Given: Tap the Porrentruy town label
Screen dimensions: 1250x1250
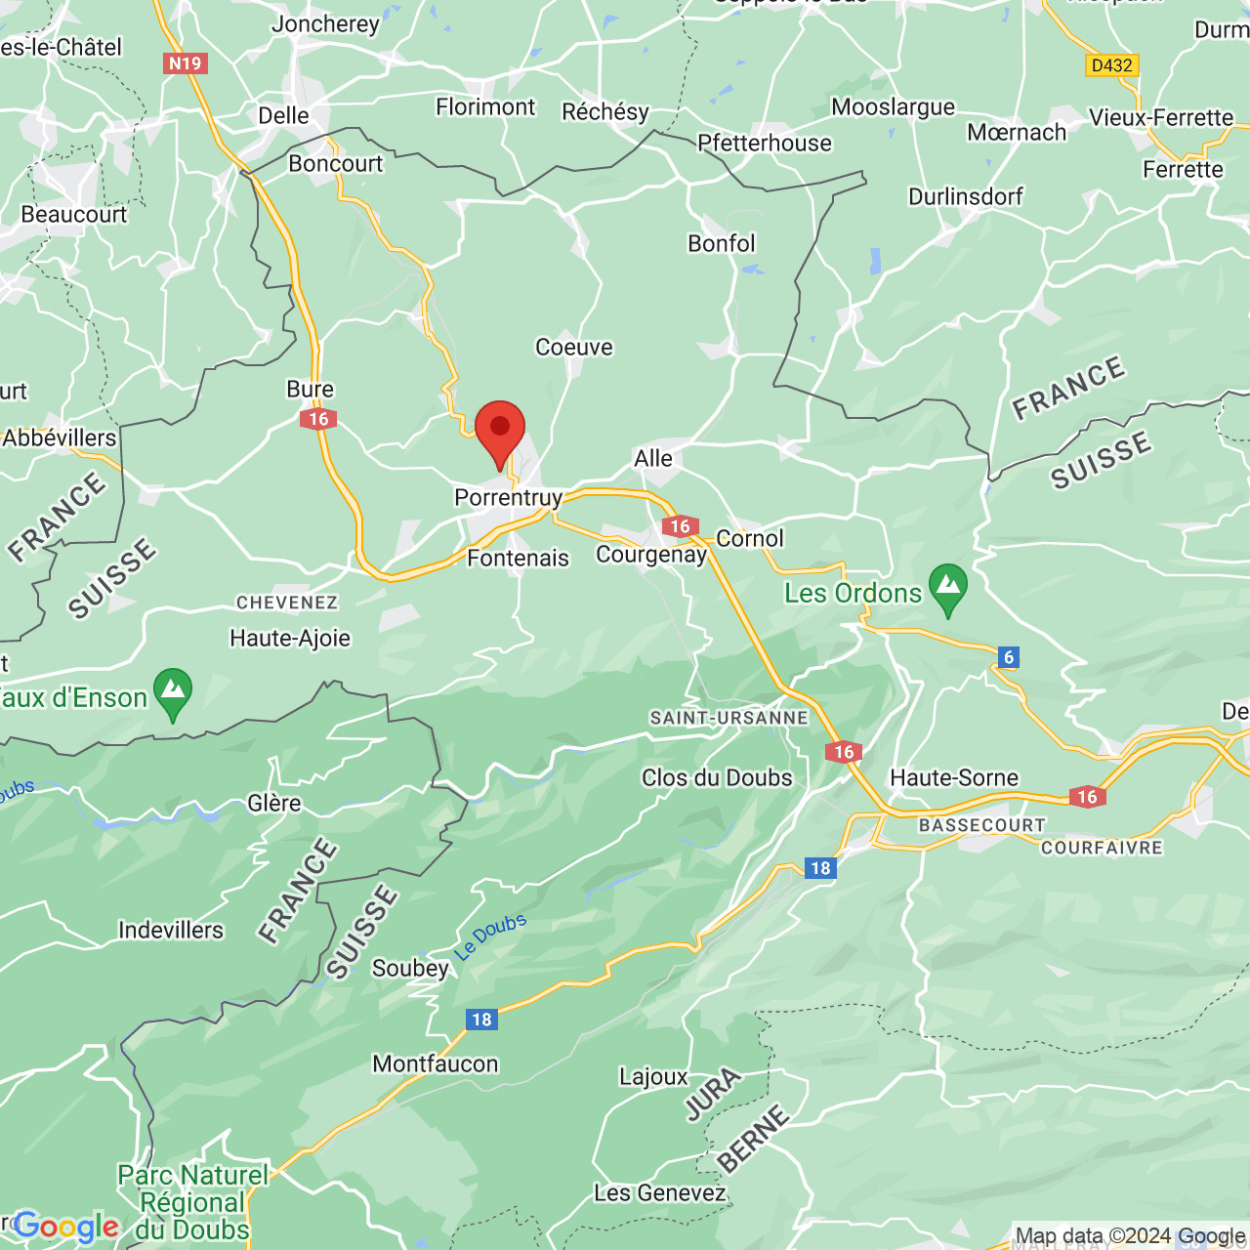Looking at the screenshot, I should [508, 498].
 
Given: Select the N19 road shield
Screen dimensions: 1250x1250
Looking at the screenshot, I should [185, 63].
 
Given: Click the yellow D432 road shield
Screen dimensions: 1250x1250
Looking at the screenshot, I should [1112, 65].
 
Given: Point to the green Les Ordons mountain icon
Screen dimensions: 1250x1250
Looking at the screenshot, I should [947, 588].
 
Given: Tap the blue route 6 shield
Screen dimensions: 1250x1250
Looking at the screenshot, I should [1009, 657].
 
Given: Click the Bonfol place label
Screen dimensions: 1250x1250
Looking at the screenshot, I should [722, 244].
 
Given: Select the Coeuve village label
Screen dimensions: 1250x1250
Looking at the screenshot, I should [574, 348].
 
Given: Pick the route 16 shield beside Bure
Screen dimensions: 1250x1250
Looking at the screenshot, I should [318, 419].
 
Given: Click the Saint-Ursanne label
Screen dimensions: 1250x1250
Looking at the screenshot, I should [729, 718].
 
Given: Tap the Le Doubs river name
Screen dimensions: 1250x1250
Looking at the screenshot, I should [491, 937].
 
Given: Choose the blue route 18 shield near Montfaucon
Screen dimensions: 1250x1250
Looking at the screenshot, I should [481, 1020].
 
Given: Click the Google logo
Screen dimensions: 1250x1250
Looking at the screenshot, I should [65, 1227].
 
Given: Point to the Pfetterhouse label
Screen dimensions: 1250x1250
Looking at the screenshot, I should [765, 144].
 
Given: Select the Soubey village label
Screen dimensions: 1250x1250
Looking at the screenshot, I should [410, 969].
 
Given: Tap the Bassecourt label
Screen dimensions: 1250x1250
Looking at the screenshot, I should [981, 826].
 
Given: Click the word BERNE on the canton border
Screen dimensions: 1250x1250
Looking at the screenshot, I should [753, 1138].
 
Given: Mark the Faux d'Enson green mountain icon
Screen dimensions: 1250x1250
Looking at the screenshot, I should [173, 692].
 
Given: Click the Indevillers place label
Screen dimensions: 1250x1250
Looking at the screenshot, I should [171, 931].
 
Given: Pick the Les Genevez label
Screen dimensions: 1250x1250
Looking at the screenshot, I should [660, 1193].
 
